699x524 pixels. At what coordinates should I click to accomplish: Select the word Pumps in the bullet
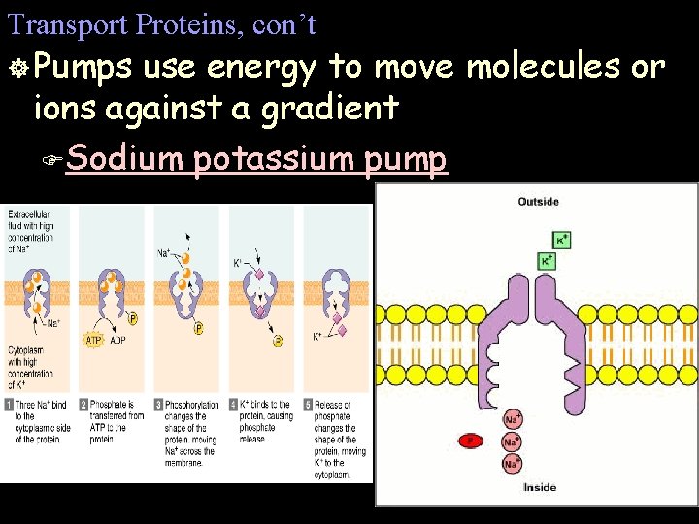pos(84,67)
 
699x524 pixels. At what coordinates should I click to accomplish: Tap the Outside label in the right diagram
pos(538,202)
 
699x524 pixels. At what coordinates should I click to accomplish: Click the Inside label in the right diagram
pos(540,487)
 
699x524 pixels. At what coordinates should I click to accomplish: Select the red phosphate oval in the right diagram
pos(471,442)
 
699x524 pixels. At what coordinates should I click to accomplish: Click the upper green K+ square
pos(561,239)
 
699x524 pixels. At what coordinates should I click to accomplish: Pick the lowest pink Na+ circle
pos(512,463)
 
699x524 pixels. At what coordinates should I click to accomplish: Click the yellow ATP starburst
pos(93,340)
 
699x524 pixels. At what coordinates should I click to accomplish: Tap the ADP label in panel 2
pos(117,341)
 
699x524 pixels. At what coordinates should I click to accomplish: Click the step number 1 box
pos(8,404)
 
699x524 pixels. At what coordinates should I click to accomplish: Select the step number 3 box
pos(159,404)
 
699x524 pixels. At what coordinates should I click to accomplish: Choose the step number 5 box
pos(308,404)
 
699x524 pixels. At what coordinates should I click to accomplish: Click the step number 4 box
pos(233,404)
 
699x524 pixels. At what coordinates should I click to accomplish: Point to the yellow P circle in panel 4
pos(278,341)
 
